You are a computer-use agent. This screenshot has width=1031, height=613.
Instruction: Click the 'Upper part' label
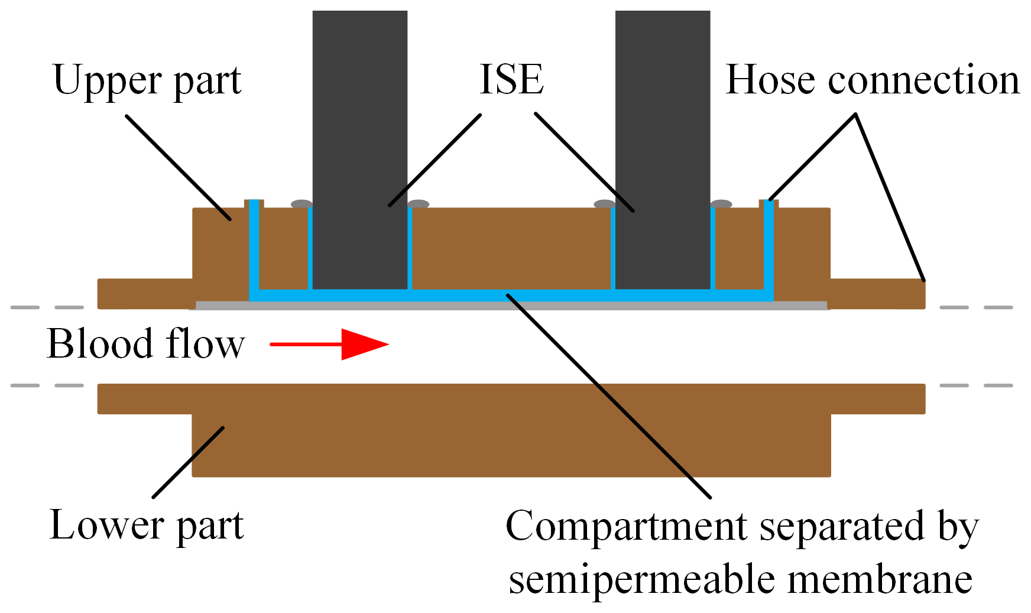click(147, 80)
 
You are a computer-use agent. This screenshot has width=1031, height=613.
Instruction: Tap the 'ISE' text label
click(511, 79)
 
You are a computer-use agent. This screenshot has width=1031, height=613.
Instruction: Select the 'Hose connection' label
click(872, 79)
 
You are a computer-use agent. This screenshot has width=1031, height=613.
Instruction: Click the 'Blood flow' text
click(145, 343)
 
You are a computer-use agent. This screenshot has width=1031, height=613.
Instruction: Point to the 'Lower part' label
click(147, 525)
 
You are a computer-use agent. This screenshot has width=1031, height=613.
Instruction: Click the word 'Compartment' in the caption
click(628, 526)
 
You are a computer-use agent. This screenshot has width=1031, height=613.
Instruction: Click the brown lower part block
click(511, 443)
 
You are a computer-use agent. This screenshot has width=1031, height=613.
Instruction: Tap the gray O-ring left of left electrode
click(301, 204)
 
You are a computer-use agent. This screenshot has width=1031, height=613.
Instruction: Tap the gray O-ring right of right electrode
click(721, 204)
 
